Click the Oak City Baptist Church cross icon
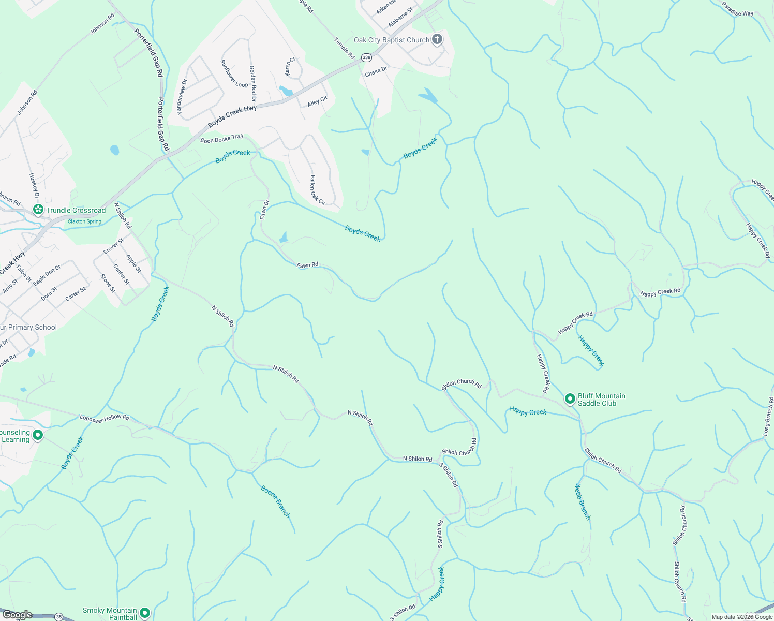pos(437,39)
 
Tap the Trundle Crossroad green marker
pos(38,210)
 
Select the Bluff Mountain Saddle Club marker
pos(570,399)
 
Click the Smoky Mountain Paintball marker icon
pos(144,613)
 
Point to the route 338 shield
pos(367,57)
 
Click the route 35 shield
pos(59,617)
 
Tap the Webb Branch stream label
pos(583,501)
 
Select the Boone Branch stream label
pos(275,501)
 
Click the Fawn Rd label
pos(307,265)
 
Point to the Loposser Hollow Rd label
pos(104,417)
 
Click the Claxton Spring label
pos(84,221)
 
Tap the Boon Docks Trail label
pos(221,139)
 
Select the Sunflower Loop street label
pos(234,73)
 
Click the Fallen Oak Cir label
pos(317,190)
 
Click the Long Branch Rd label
pos(768,416)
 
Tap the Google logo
pos(17,615)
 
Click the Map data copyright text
pos(741,617)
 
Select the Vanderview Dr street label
pos(182,97)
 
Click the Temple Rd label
pos(344,48)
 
